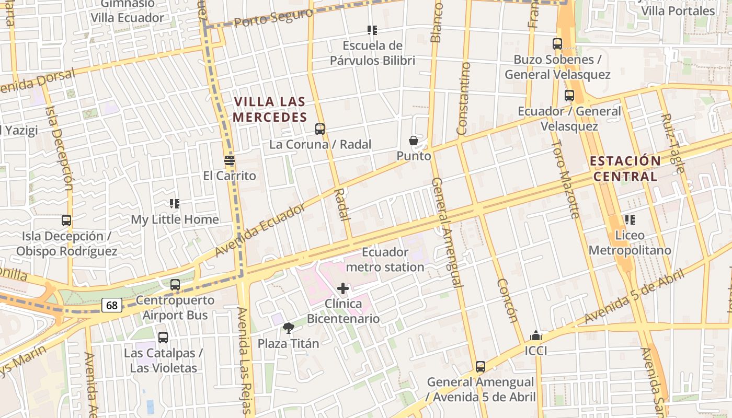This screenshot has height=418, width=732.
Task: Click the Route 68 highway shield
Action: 111,305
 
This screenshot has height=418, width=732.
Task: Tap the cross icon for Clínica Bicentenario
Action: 343,288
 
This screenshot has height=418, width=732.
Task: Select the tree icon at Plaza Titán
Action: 288,328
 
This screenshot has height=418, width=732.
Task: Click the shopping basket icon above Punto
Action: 414,141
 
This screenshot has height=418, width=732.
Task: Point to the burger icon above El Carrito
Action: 229,160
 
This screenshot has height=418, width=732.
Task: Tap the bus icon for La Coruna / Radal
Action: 320,129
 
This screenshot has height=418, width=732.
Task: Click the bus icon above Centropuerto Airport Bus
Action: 175,285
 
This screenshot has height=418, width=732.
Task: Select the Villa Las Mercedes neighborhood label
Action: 270,109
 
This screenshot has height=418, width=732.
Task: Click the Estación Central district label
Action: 625,168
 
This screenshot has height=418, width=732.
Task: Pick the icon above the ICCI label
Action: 535,335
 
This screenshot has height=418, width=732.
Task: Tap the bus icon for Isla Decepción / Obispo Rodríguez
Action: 66,220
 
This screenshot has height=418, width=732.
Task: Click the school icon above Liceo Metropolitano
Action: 630,220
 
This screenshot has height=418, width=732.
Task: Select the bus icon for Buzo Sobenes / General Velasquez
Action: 557,44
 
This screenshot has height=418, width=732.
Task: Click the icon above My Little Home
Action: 175,204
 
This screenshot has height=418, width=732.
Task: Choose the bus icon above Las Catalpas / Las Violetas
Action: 163,338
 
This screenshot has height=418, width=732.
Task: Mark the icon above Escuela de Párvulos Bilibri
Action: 372,30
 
